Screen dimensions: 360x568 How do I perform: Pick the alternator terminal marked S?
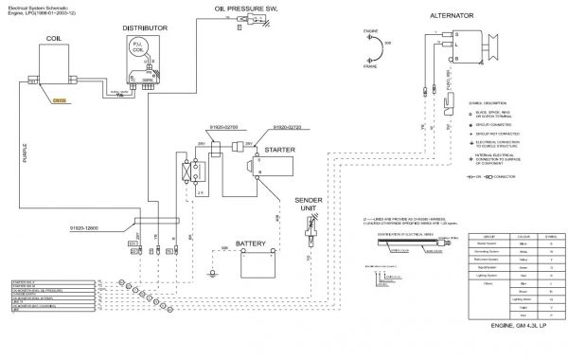pos(453,35)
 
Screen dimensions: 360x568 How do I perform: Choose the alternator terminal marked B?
pos(453,57)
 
